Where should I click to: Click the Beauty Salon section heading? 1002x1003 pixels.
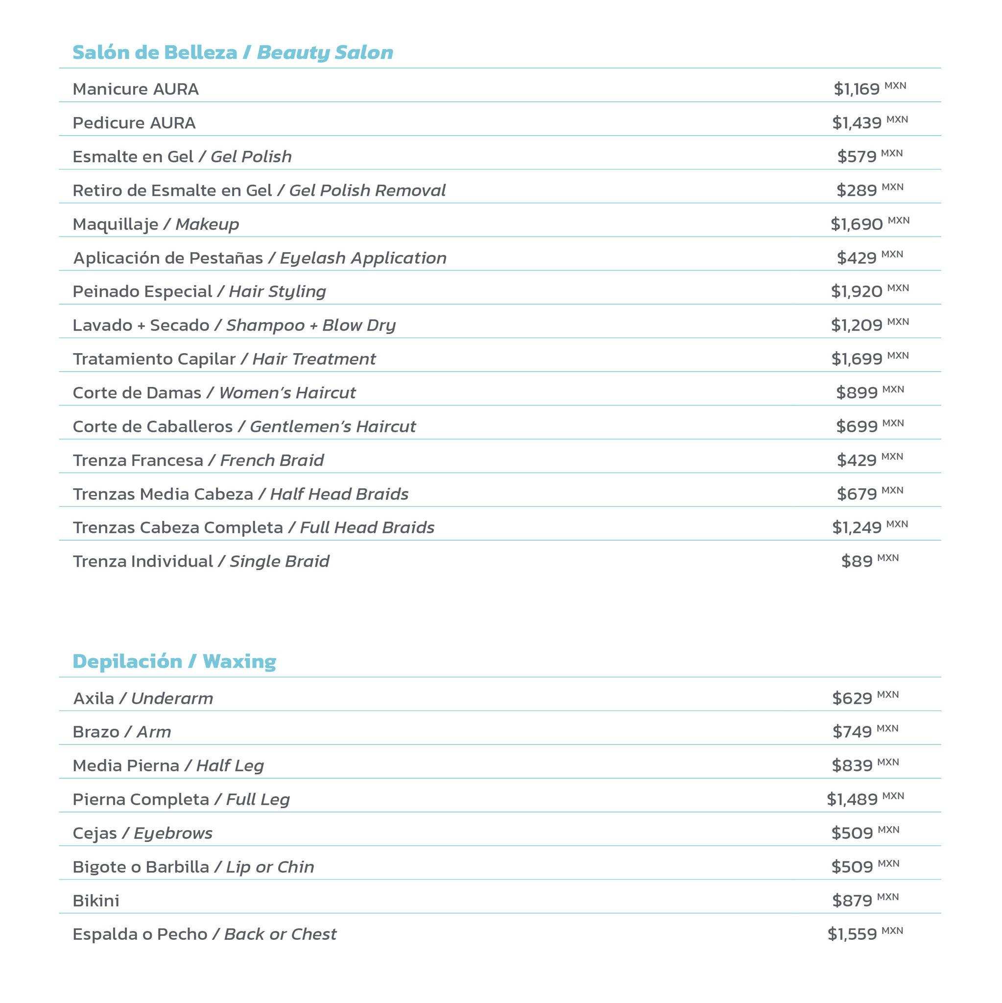[232, 52]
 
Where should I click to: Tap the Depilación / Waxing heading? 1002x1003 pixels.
[174, 661]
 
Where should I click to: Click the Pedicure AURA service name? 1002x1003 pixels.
[134, 123]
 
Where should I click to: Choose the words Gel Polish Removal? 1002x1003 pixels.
[367, 191]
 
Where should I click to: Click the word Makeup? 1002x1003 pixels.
[207, 224]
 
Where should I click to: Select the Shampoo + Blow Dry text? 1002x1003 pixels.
[310, 326]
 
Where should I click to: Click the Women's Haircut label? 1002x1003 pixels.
[287, 393]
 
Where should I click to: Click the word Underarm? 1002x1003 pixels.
[172, 698]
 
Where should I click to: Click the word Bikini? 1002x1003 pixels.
[96, 901]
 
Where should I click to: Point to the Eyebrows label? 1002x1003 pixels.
[173, 833]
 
